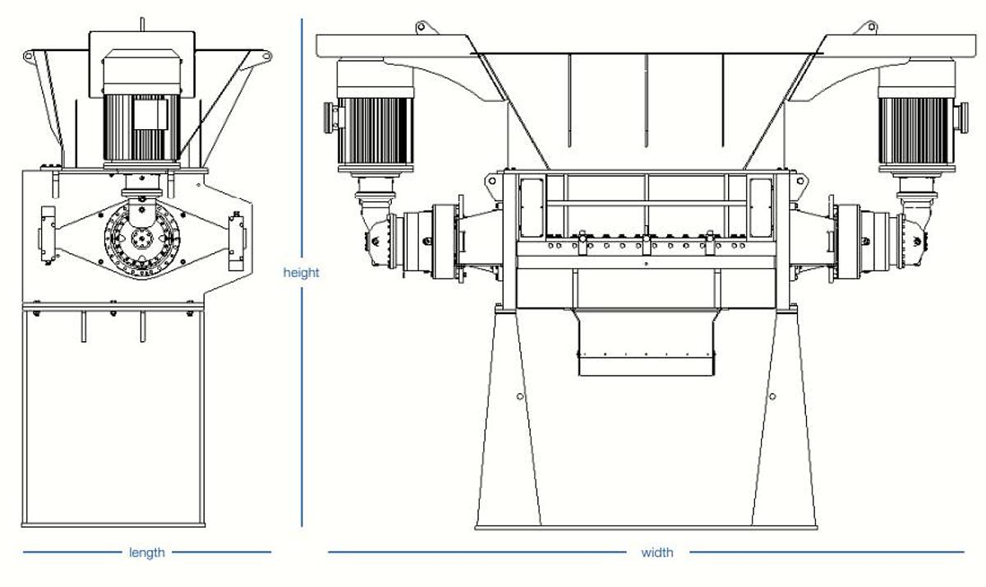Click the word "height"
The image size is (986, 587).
point(301,273)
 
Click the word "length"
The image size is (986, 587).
point(147,552)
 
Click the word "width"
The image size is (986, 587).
point(657,552)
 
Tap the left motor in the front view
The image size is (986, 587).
point(375,116)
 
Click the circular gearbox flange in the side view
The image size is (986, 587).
point(142,239)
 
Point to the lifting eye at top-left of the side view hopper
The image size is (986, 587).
point(28,56)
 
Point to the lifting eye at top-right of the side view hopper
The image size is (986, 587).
point(266,56)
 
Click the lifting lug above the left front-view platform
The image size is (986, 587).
point(422,27)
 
